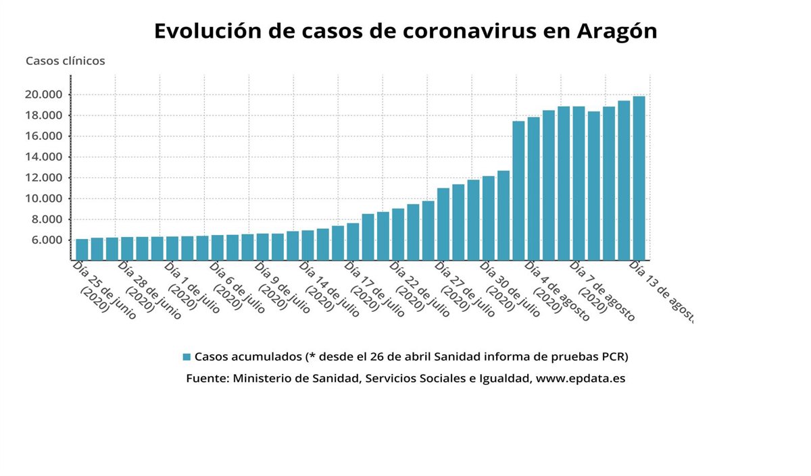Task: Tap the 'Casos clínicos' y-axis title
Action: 66,61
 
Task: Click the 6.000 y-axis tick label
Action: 46,240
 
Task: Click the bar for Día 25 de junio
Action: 82,249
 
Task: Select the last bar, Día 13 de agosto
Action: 639,178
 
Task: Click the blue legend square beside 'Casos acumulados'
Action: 187,356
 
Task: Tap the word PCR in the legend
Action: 620,356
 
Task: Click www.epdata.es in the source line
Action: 581,379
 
